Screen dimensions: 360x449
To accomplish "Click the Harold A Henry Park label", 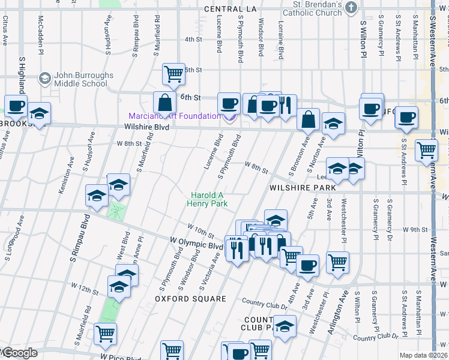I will pyautogui.click(x=208, y=199).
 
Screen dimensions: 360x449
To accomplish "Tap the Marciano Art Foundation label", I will pyautogui.click(x=174, y=116).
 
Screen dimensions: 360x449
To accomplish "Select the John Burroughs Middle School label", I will pyautogui.click(x=80, y=79).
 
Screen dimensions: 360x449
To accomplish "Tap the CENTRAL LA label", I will pyautogui.click(x=230, y=9).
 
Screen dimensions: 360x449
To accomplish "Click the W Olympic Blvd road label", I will pyautogui.click(x=196, y=245).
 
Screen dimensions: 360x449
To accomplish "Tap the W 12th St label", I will pyautogui.click(x=84, y=289).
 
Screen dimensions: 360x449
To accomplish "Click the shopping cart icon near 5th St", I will pyautogui.click(x=173, y=74).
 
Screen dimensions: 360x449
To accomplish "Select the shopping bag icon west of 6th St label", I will pyautogui.click(x=164, y=101).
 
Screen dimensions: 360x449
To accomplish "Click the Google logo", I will pyautogui.click(x=19, y=353).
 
